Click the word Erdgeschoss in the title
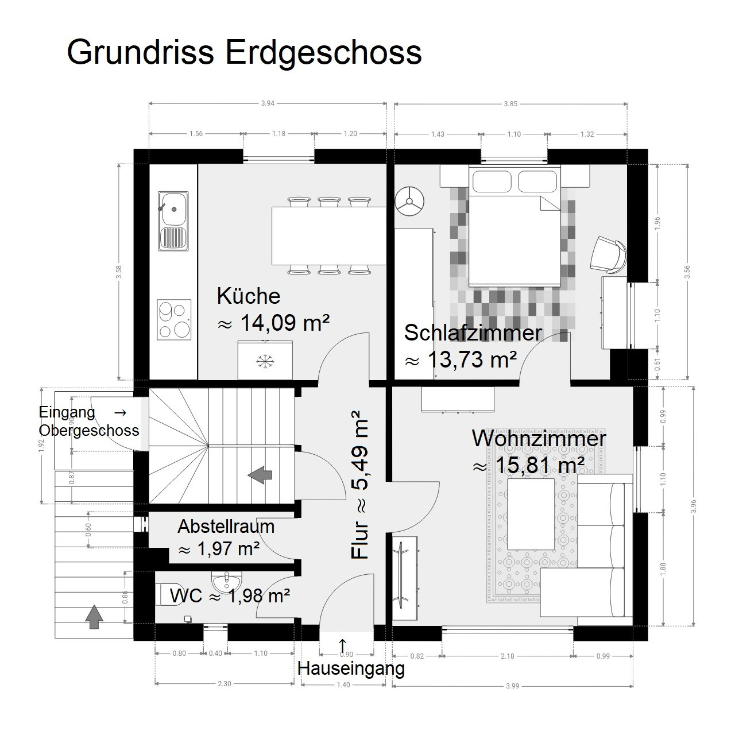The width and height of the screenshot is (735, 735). click(x=323, y=53)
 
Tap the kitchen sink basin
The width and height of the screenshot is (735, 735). click(x=173, y=208)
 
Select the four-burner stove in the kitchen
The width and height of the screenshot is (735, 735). click(x=174, y=320)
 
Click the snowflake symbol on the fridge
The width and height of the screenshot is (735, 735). click(x=265, y=361)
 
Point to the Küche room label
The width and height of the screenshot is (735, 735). click(x=249, y=296)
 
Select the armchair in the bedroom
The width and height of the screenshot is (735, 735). click(x=608, y=254)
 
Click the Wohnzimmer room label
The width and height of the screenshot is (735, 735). click(x=539, y=438)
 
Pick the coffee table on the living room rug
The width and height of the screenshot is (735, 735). click(x=531, y=514)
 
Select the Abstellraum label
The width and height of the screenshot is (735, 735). click(x=226, y=527)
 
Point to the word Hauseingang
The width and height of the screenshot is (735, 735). click(x=351, y=668)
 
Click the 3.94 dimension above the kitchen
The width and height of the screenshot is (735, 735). click(x=268, y=103)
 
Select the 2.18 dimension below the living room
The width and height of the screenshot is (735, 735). click(x=507, y=656)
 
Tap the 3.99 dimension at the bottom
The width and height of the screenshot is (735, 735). click(x=513, y=686)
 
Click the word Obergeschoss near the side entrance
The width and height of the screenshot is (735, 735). click(x=89, y=431)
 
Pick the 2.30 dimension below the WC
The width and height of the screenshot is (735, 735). click(x=225, y=683)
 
